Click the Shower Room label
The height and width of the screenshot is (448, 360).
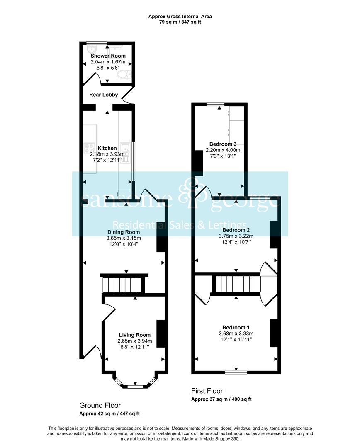tap(108, 56)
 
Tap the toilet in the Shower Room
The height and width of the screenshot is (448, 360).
tap(124, 74)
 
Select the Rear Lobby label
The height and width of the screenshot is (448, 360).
tap(104, 95)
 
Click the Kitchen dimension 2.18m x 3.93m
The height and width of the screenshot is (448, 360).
tap(107, 154)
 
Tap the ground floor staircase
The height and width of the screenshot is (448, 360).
tap(122, 285)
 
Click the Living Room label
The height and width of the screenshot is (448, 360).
tap(134, 335)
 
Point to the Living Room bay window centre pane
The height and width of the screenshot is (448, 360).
tap(134, 387)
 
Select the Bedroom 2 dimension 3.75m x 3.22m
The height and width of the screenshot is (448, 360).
tap(236, 236)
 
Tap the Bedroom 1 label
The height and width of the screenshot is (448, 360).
tap(236, 327)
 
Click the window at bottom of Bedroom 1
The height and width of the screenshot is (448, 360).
tap(236, 372)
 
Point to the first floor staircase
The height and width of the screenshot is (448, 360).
tap(238, 285)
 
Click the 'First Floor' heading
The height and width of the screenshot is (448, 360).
tap(207, 391)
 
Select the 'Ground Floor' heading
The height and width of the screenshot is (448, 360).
tap(100, 405)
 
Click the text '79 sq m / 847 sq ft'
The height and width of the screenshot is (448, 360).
tap(180, 22)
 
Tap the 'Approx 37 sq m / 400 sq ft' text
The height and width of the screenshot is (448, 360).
tap(221, 399)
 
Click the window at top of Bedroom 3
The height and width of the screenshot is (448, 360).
tap(219, 104)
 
